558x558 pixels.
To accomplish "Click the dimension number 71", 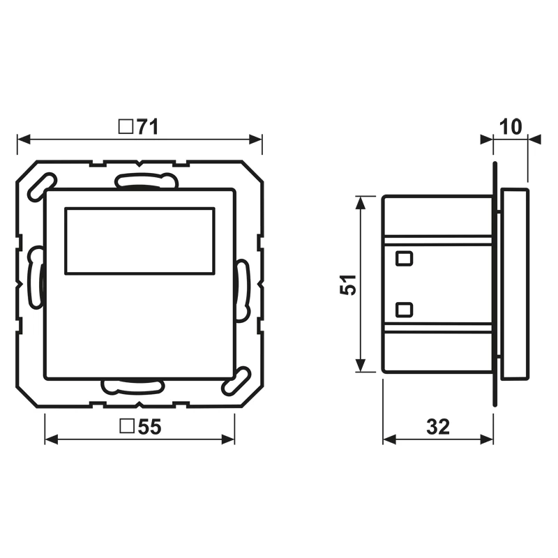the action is [x=147, y=127].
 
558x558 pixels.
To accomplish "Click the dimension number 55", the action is [x=149, y=427].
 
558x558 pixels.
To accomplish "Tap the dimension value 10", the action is [x=511, y=127].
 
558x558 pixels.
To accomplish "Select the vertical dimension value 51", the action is [x=348, y=285].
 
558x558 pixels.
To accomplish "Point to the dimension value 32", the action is [x=438, y=427].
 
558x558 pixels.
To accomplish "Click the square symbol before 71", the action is [x=126, y=127].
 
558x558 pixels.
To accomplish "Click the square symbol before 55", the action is [x=127, y=426].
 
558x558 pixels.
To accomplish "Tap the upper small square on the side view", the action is [x=405, y=258].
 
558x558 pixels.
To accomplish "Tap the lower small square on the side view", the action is [x=405, y=310].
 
